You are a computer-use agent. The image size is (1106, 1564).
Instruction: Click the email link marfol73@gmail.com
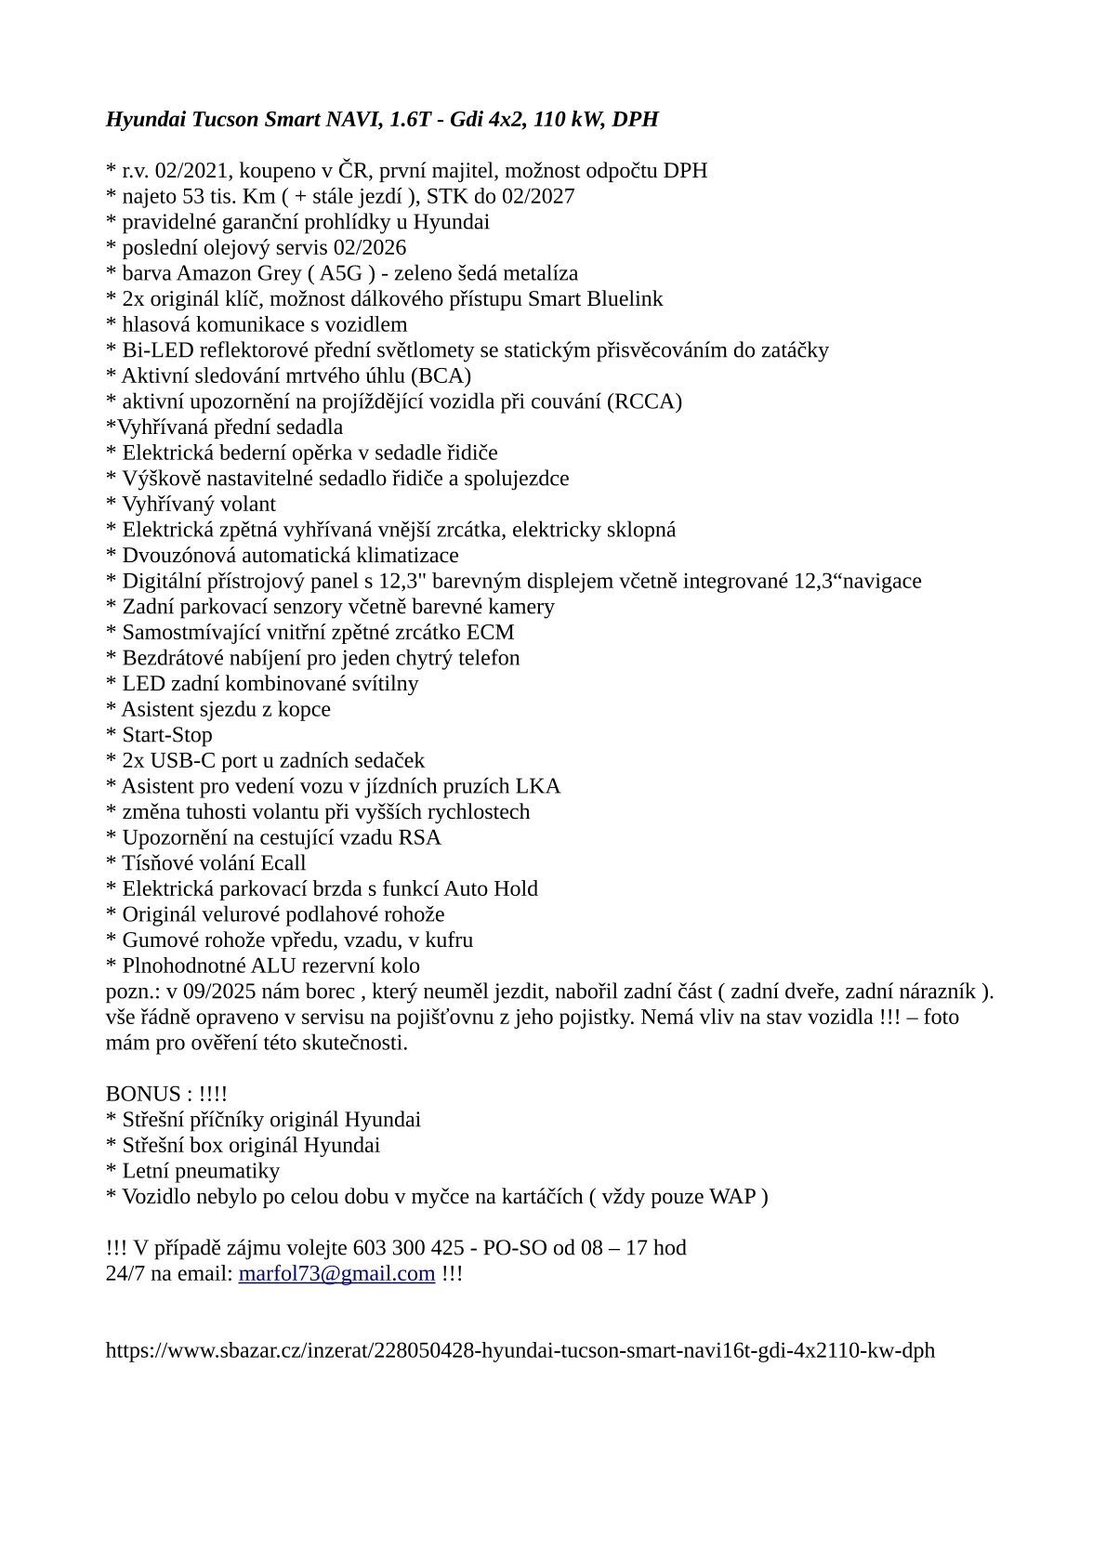point(336,1273)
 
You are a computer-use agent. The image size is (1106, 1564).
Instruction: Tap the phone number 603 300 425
point(414,1247)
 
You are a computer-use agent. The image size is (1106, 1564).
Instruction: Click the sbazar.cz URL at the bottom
point(520,1350)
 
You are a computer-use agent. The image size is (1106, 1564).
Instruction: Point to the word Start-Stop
point(167,735)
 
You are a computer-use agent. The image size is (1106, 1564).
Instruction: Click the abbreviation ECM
point(490,633)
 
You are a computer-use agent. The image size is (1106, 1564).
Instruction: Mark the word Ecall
point(283,863)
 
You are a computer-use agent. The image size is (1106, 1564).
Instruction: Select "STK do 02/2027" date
point(500,196)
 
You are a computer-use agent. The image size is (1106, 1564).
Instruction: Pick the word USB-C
point(176,760)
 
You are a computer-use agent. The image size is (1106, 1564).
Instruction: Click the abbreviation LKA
point(540,786)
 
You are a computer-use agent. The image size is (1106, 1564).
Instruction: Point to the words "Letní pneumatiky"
point(200,1171)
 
